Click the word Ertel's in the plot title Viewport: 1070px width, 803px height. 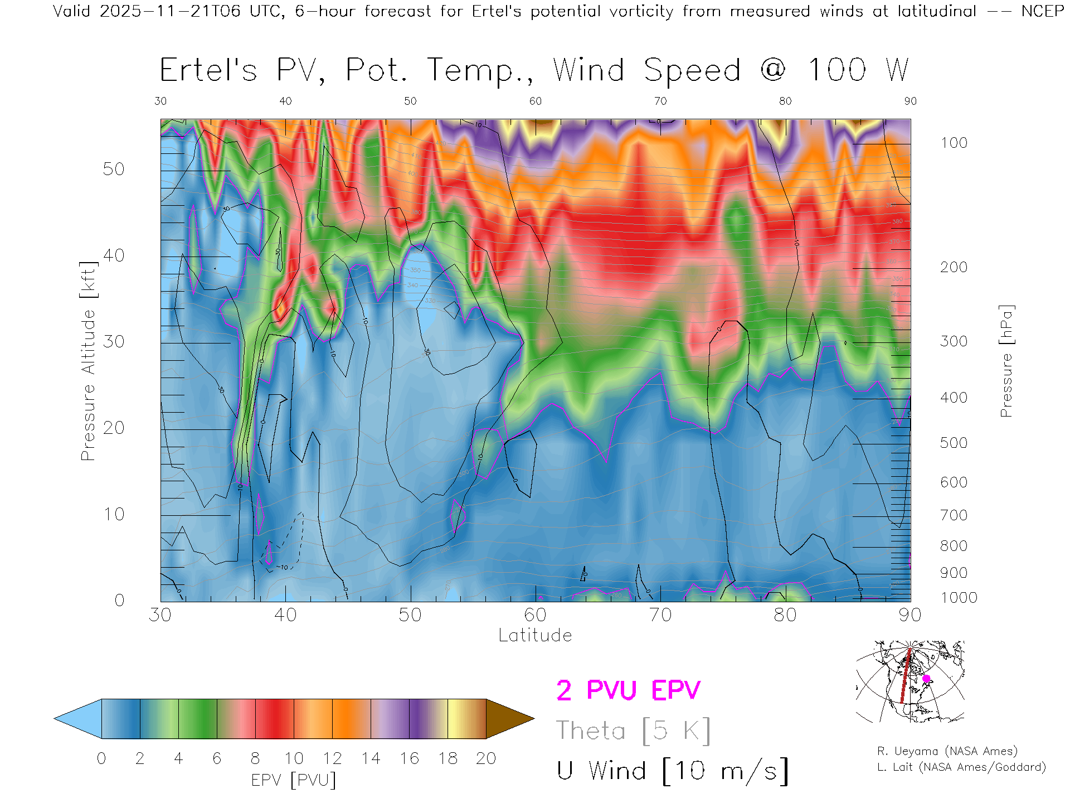[x=208, y=71]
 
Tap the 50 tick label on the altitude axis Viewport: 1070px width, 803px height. [x=113, y=169]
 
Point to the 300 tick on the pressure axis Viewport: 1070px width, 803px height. [x=954, y=341]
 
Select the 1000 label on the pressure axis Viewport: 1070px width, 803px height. [x=959, y=598]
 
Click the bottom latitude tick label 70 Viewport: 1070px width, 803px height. [x=660, y=615]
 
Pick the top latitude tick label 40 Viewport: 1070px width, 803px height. [x=285, y=101]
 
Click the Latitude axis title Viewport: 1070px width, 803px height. [x=535, y=635]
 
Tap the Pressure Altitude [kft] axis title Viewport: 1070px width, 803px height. [x=88, y=361]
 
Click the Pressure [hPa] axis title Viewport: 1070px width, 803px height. [x=1006, y=361]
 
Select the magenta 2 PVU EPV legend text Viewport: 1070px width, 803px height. [x=628, y=690]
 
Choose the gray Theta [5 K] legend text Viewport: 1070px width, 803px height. [x=633, y=731]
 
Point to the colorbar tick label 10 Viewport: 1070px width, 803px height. [x=294, y=758]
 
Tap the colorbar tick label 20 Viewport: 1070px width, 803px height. [x=486, y=758]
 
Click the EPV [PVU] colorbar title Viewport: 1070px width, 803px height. [x=294, y=780]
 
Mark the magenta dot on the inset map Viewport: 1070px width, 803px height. [x=926, y=679]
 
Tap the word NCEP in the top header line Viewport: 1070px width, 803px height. [x=1043, y=11]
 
